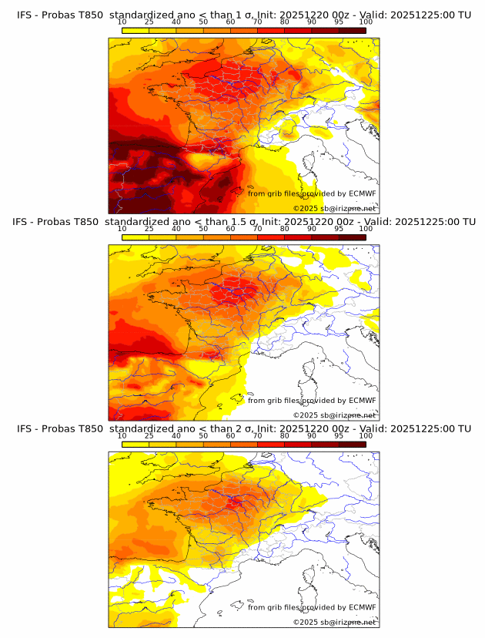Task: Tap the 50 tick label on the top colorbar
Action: coord(203,22)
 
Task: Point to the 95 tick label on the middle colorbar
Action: coord(339,228)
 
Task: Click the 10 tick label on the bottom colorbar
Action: coord(122,435)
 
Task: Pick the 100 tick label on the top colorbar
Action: coord(366,22)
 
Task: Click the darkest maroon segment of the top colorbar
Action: coord(352,30)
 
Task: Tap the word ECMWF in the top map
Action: coord(363,193)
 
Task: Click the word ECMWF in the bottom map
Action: coord(363,607)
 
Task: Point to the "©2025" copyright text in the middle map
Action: coord(305,415)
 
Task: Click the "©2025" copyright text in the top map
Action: coord(305,209)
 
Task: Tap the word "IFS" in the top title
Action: coord(25,15)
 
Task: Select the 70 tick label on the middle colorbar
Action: coord(257,228)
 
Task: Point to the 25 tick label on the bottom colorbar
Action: coord(149,435)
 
